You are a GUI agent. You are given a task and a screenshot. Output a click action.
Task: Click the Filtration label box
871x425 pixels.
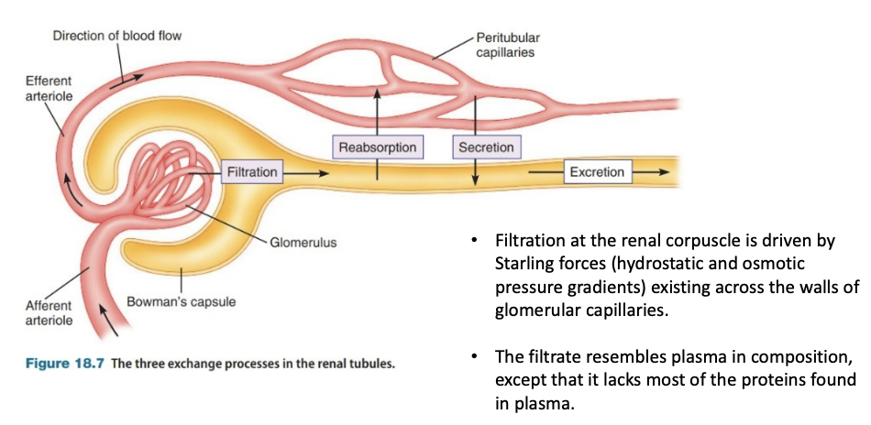point(251,171)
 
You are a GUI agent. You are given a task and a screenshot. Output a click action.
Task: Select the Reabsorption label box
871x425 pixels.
point(377,147)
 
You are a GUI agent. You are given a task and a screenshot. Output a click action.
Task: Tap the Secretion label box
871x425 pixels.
point(485,147)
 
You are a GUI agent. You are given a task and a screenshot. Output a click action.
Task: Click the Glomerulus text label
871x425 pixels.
point(303,244)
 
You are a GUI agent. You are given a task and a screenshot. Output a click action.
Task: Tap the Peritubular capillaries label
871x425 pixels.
point(505,45)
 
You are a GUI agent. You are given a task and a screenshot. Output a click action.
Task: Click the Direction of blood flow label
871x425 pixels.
point(117,36)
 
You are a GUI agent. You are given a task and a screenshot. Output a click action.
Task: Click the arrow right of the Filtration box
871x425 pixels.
point(307,171)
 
